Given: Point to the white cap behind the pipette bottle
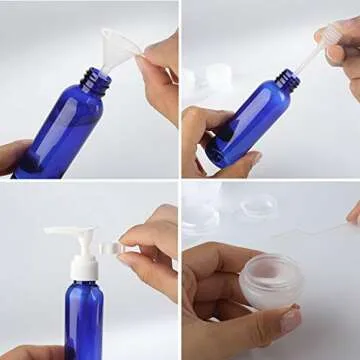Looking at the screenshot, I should [217, 74].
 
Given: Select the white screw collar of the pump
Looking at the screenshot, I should [83, 268].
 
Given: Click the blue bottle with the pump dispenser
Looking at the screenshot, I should [84, 320].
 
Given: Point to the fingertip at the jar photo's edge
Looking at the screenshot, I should [353, 213].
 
